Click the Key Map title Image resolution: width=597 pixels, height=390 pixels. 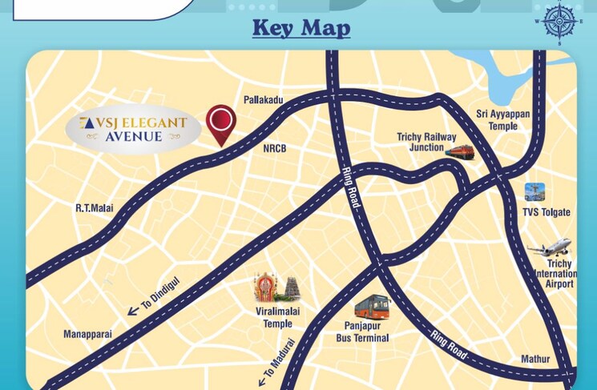(x=301, y=28)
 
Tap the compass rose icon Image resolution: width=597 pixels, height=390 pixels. (x=560, y=20)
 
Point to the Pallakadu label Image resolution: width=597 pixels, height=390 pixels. (x=264, y=100)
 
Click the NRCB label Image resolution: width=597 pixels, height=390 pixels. (x=274, y=149)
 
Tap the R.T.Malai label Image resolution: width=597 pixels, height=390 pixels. (x=95, y=208)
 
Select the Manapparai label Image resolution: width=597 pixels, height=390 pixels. (x=88, y=334)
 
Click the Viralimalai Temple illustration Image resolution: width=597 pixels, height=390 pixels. (x=277, y=291)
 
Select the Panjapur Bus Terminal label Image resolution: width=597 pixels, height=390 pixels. (x=362, y=332)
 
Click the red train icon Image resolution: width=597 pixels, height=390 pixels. (x=459, y=152)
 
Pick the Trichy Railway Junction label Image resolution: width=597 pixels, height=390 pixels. (x=426, y=143)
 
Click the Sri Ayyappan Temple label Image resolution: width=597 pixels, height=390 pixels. (x=502, y=120)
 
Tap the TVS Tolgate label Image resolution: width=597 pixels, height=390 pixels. (x=547, y=212)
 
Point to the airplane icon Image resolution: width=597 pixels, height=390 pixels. (x=550, y=248)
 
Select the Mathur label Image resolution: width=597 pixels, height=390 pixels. (x=535, y=359)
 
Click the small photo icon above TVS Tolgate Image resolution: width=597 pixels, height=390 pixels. (x=534, y=192)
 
